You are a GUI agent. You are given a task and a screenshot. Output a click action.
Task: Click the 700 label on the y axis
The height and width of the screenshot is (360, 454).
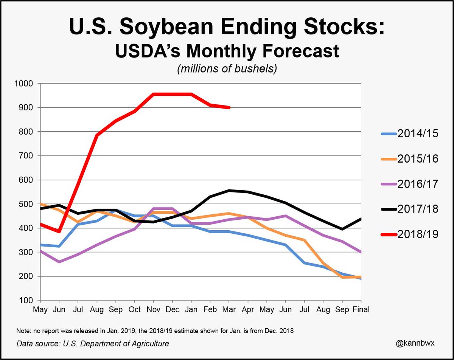click(26, 156)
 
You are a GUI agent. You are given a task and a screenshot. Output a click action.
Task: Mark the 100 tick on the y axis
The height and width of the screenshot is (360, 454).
click(26, 301)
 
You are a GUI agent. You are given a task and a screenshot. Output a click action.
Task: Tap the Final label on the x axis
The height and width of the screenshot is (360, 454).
click(361, 309)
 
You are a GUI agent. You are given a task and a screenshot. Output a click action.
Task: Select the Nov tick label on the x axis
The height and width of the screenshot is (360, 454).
click(153, 309)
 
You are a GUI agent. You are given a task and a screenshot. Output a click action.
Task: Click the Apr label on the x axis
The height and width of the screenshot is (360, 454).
click(248, 309)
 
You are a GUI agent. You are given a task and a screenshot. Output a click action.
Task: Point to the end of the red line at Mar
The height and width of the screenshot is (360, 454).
click(229, 107)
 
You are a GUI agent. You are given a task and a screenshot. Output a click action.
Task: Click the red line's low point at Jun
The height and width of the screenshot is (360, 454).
click(59, 231)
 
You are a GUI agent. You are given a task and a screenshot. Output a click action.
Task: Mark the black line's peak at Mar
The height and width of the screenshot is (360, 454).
click(229, 190)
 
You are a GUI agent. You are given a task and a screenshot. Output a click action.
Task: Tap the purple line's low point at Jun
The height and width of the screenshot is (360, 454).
click(59, 262)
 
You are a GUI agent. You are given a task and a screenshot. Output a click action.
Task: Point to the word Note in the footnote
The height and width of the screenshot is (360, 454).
click(23, 331)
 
